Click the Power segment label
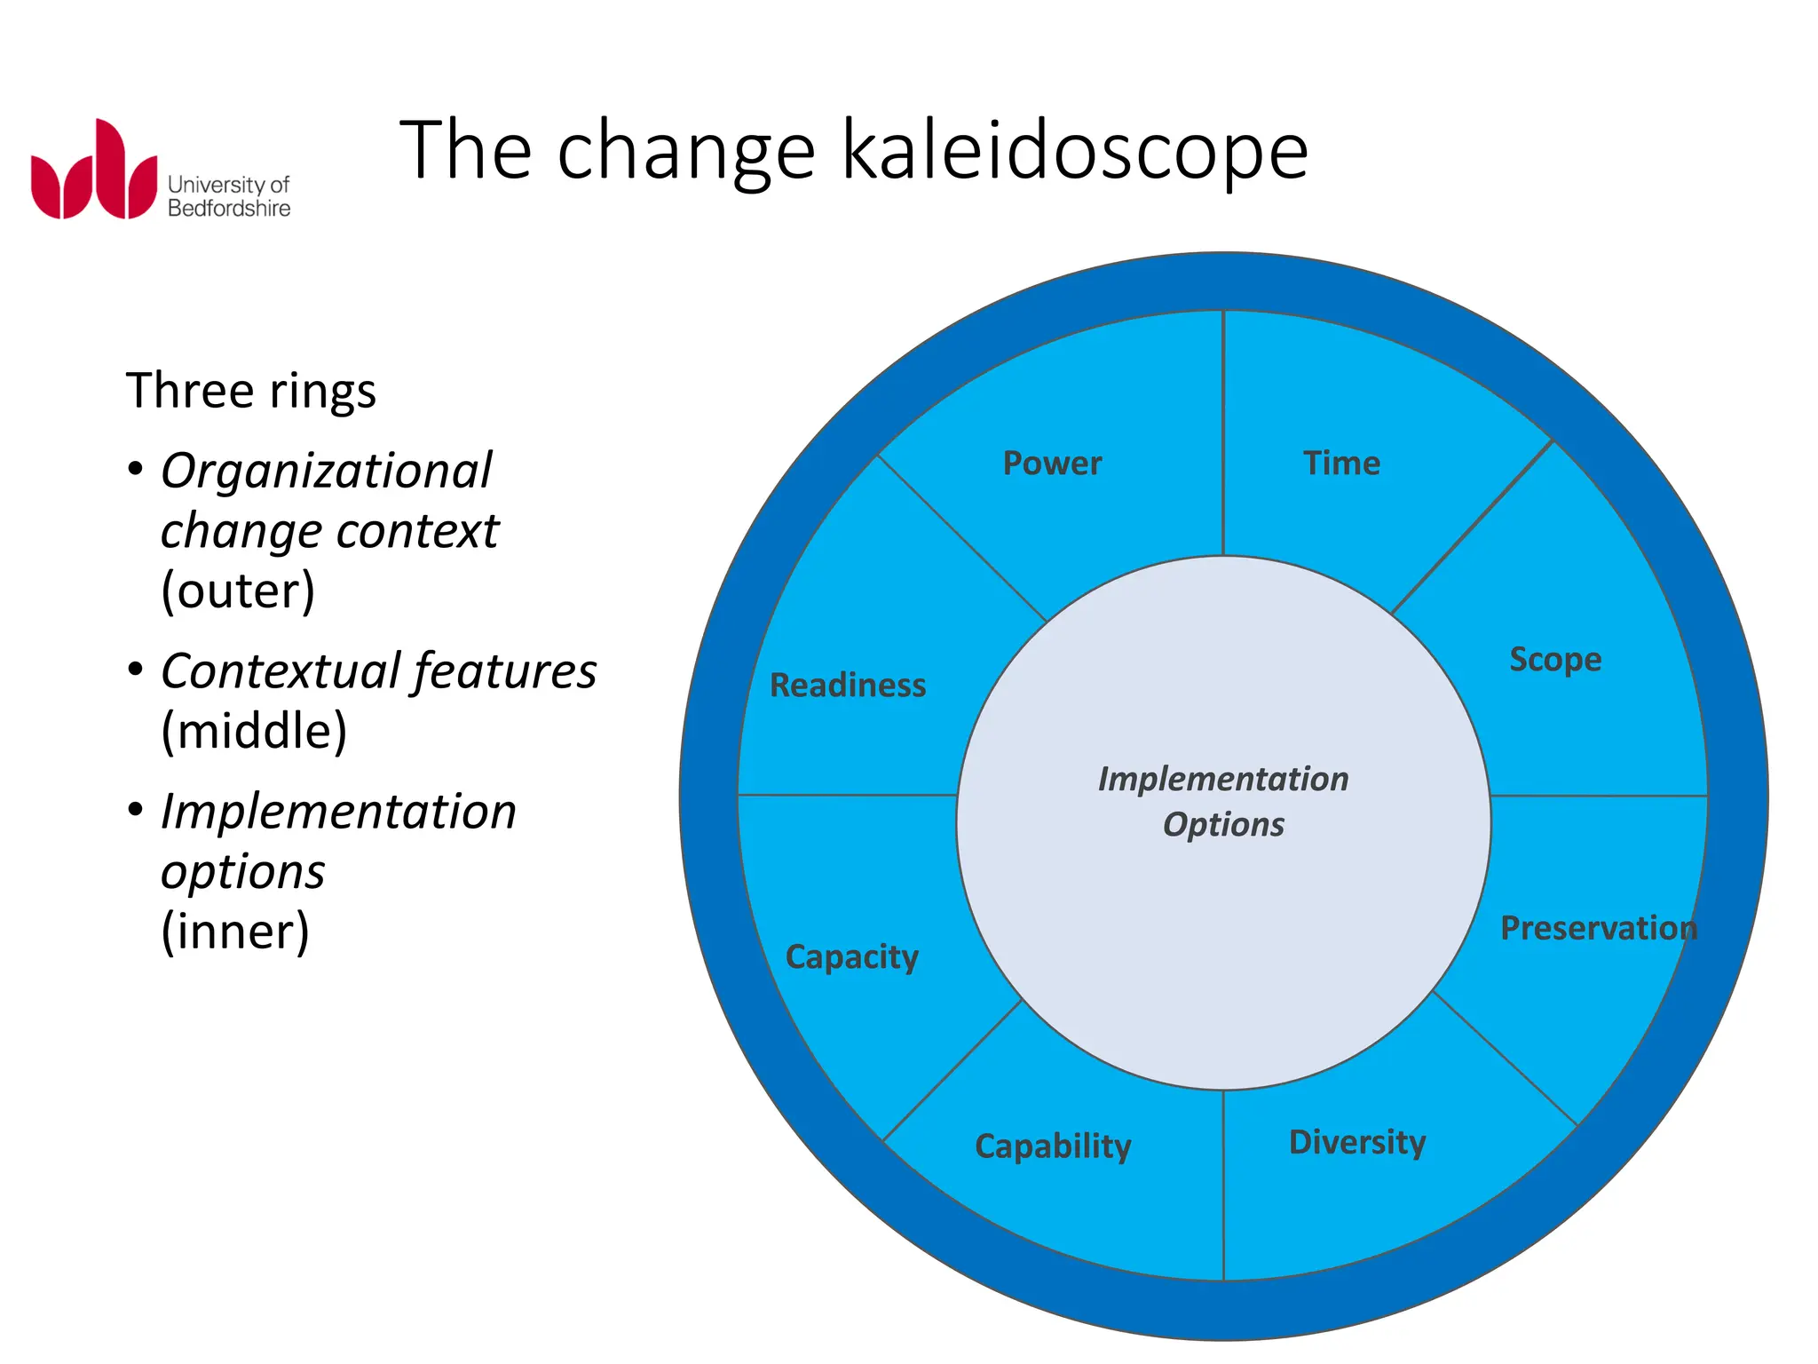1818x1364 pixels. [1052, 464]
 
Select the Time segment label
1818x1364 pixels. [1341, 464]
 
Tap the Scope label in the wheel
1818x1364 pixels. [1555, 660]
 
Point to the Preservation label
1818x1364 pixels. [1599, 928]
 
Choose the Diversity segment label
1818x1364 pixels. [1357, 1142]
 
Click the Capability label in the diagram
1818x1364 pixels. [1053, 1146]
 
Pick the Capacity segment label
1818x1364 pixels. [852, 957]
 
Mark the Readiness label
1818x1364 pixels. [848, 686]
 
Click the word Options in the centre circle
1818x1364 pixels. [1223, 825]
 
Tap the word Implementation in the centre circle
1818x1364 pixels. [1223, 779]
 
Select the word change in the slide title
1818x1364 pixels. [685, 151]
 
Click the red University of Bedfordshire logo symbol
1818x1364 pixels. [93, 170]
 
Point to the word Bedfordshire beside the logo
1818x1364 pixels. [229, 209]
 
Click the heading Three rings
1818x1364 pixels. [251, 391]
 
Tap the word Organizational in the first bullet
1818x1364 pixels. [326, 471]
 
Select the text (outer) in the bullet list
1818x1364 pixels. [238, 591]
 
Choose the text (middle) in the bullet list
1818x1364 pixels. [254, 731]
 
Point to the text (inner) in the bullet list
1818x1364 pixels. [235, 932]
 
